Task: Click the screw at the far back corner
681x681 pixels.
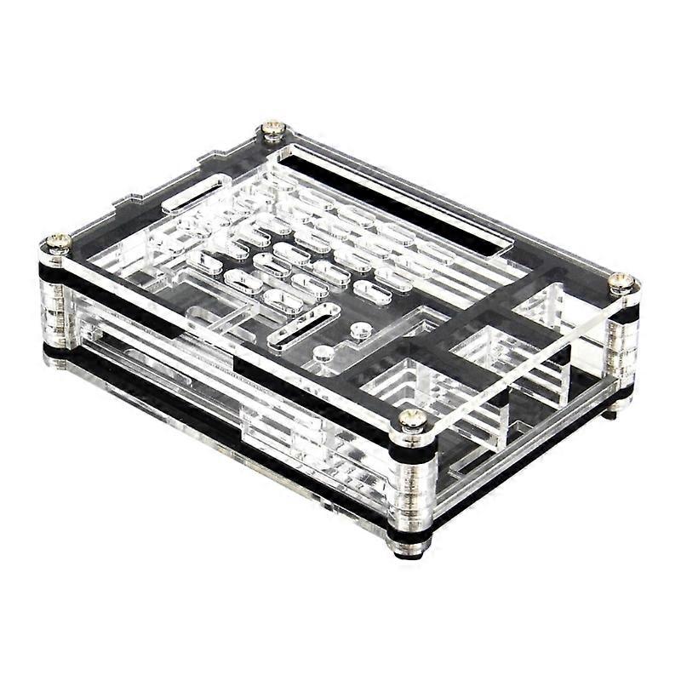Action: click(x=272, y=129)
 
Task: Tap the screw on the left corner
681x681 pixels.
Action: click(x=57, y=243)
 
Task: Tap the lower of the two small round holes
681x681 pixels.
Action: click(x=323, y=352)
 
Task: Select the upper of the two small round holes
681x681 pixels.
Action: click(x=362, y=329)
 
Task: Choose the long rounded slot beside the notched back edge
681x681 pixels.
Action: click(x=192, y=192)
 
